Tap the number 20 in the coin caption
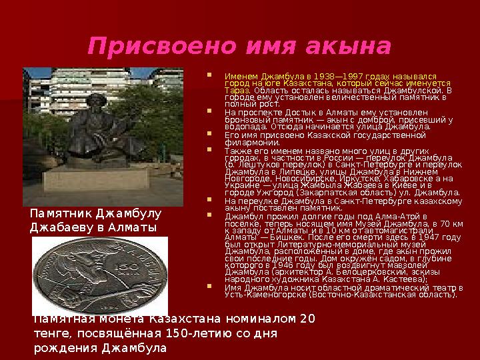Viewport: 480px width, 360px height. pos(307,318)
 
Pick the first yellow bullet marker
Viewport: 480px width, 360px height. pos(211,75)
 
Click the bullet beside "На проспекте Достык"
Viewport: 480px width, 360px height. pos(211,113)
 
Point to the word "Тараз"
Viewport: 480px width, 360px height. pos(235,90)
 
